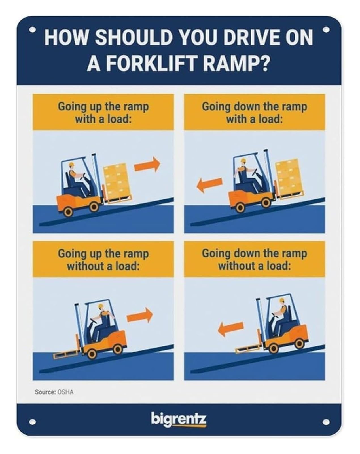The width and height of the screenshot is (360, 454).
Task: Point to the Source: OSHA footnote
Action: pyautogui.click(x=54, y=392)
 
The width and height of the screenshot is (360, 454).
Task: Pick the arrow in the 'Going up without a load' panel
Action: pyautogui.click(x=140, y=315)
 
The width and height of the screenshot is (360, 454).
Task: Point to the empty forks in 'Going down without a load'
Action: pyautogui.click(x=249, y=349)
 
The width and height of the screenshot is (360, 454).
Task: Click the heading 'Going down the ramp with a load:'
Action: pyautogui.click(x=254, y=113)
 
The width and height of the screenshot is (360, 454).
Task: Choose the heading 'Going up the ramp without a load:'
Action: pyautogui.click(x=103, y=260)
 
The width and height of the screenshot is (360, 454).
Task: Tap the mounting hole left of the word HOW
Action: pyautogui.click(x=32, y=30)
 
